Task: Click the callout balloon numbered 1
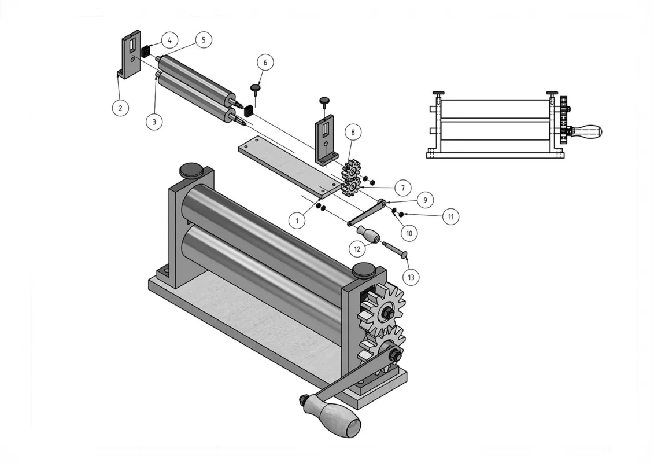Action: (297, 220)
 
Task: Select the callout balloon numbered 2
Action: (120, 108)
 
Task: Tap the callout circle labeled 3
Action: (154, 122)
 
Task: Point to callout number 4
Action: (170, 40)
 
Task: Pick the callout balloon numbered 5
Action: (204, 40)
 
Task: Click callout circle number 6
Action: (265, 63)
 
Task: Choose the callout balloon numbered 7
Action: (403, 188)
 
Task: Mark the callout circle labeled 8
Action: (353, 132)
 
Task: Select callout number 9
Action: (425, 200)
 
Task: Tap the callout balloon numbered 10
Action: (409, 233)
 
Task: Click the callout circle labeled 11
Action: (451, 216)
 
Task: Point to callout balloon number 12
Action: (357, 249)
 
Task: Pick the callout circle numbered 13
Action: (411, 277)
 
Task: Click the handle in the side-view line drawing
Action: (585, 132)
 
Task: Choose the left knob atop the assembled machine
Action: (191, 169)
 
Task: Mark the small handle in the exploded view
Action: (367, 234)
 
